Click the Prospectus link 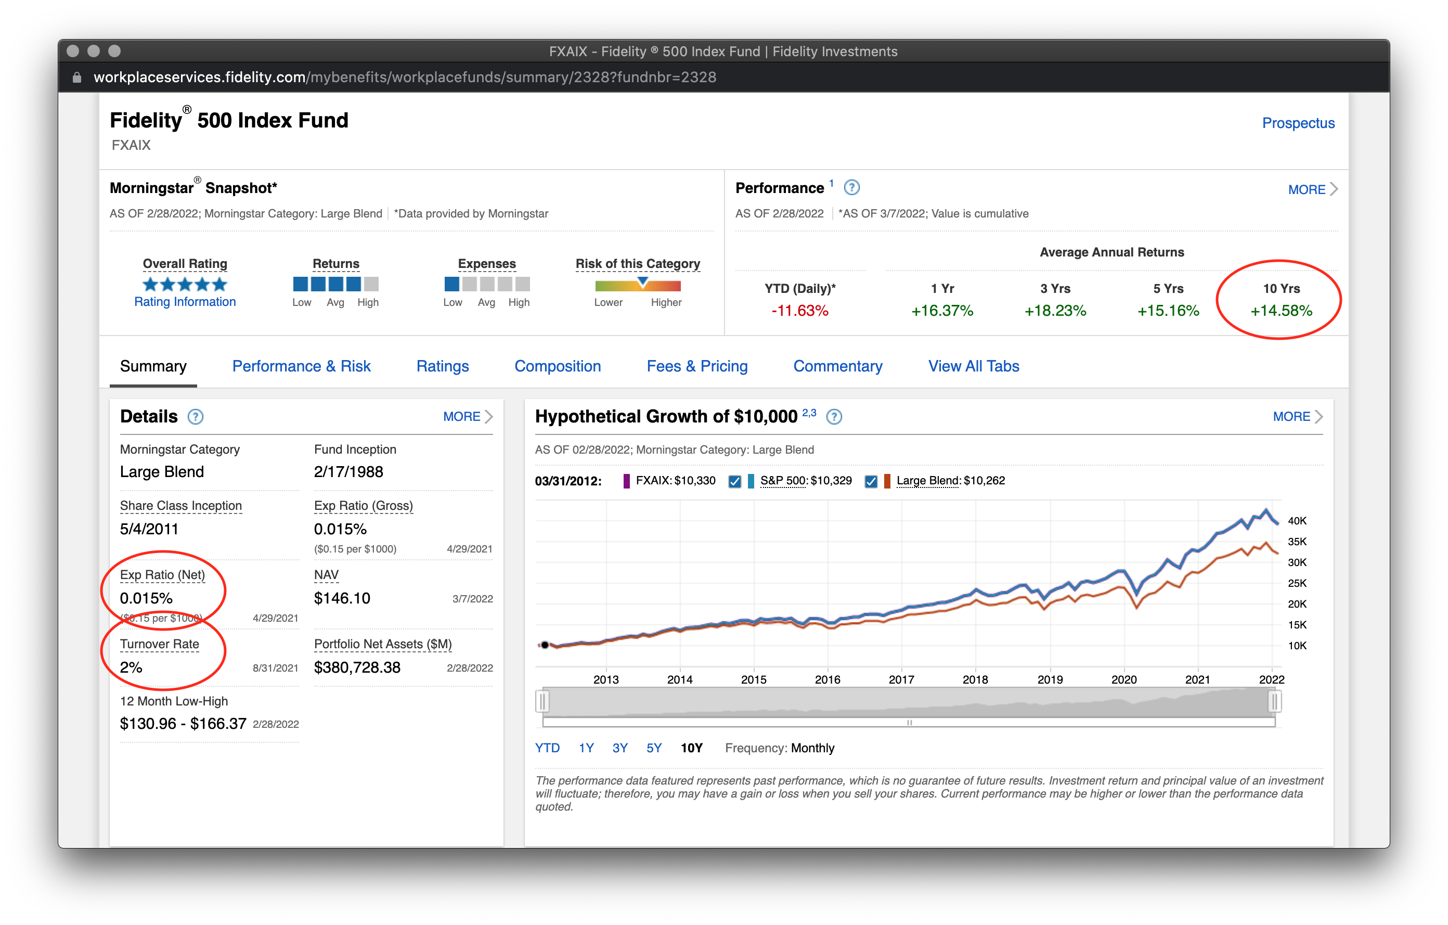click(1298, 123)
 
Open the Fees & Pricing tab click(697, 366)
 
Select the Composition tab click(558, 366)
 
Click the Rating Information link click(185, 302)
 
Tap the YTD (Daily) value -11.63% click(799, 311)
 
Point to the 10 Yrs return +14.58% click(1281, 311)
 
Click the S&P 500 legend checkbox click(734, 481)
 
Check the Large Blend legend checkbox click(871, 481)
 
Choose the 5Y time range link click(654, 748)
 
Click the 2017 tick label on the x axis click(901, 679)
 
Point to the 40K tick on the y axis click(1297, 521)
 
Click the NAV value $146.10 click(342, 598)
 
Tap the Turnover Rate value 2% click(131, 667)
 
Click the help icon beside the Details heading click(196, 417)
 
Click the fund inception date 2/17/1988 click(348, 472)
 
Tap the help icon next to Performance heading click(851, 188)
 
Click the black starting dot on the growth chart click(545, 645)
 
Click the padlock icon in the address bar click(76, 78)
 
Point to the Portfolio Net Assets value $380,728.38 click(357, 667)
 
